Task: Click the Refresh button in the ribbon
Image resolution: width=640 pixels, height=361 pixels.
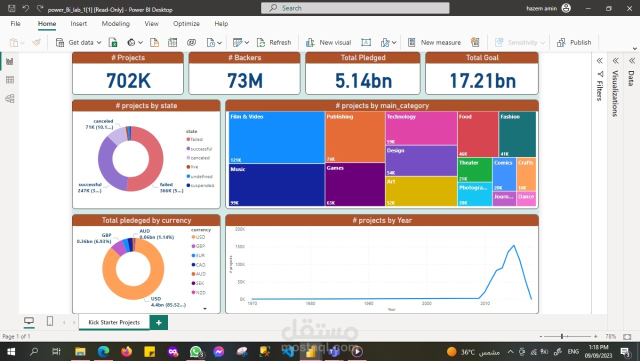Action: click(274, 42)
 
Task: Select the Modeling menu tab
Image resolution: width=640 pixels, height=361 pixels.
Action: click(115, 23)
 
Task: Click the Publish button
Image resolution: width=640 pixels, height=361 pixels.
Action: click(574, 42)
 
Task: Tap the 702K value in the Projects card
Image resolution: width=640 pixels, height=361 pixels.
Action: click(128, 80)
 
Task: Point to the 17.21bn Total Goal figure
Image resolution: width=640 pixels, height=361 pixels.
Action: click(482, 80)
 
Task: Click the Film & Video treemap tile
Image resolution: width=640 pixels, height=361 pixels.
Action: click(276, 137)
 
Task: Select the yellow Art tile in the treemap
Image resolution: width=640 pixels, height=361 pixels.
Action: click(421, 191)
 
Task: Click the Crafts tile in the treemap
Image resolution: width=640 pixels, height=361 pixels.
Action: click(526, 174)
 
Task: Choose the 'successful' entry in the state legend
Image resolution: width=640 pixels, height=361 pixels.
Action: click(201, 149)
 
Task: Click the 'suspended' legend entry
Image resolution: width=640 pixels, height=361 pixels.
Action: click(202, 185)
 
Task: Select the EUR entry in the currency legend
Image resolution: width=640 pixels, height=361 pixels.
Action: click(200, 255)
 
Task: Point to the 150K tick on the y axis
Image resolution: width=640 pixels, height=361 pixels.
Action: click(239, 247)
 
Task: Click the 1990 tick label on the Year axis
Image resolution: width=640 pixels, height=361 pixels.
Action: click(368, 303)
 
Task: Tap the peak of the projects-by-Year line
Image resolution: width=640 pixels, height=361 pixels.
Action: click(514, 245)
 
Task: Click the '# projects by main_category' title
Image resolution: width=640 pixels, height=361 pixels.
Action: click(382, 105)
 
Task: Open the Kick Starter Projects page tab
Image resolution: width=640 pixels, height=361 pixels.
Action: click(114, 322)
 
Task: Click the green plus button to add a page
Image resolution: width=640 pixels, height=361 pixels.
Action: click(159, 322)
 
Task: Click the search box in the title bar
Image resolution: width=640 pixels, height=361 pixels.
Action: click(355, 8)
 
